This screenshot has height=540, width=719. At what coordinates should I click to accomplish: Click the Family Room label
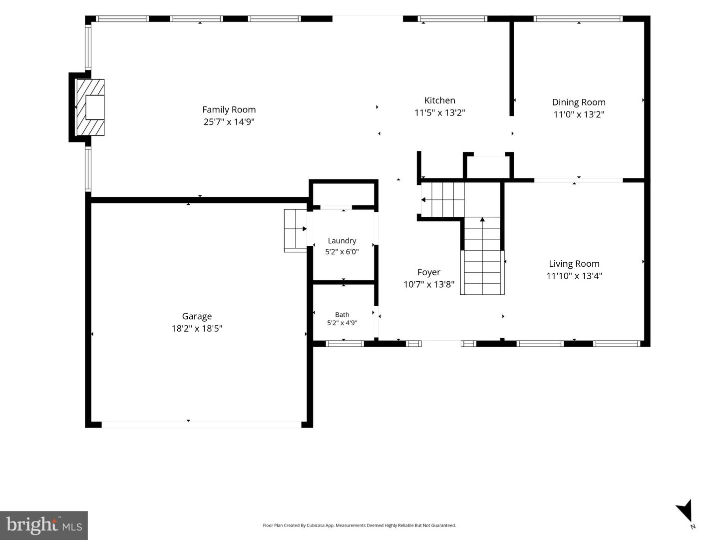point(229,109)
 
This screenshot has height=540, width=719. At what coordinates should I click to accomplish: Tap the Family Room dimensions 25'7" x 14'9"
point(229,122)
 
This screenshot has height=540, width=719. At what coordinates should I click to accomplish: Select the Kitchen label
point(439,100)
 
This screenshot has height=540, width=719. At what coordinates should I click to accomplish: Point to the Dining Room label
point(579,102)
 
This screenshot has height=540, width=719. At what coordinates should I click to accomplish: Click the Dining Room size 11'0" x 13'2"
point(579,114)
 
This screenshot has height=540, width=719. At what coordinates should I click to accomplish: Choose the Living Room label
point(574,264)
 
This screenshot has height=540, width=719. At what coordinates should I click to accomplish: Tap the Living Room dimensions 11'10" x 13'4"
point(574,276)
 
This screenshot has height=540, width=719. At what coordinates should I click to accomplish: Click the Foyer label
point(429,272)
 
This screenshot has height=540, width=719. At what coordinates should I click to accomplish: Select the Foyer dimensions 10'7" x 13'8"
point(429,284)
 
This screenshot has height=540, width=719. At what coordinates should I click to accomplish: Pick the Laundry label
point(342,241)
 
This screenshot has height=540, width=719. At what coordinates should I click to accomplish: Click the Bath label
point(342,315)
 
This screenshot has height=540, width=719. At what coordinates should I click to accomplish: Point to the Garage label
point(197,316)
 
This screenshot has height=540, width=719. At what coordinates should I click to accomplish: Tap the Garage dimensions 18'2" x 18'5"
point(197,328)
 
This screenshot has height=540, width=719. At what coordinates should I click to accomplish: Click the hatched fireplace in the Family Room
point(90,107)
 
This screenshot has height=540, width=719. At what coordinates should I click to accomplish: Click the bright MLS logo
point(44,526)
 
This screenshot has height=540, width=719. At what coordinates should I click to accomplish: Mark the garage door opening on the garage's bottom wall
point(201,425)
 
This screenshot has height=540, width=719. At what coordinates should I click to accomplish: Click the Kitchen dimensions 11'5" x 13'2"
point(439,113)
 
